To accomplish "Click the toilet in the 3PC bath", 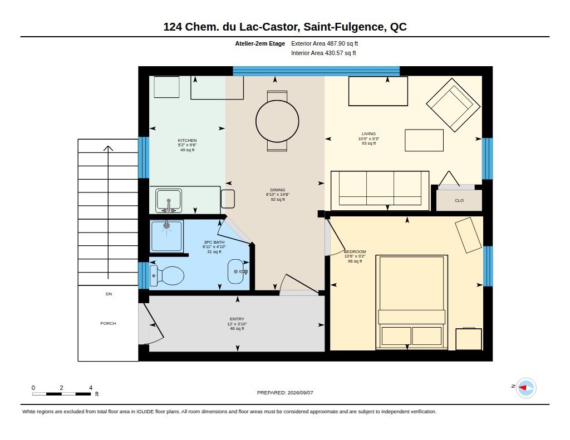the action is pos(168,275).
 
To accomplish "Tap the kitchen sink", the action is pos(169,200).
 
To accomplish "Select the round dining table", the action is pos(277,121).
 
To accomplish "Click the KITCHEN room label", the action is pos(187,140).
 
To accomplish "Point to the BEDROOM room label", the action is pos(355,251).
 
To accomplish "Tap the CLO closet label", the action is pos(459,201).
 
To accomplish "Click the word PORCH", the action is pos(109,323).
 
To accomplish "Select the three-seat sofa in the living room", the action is pos(380,190).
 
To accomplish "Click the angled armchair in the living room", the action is pos(453,105).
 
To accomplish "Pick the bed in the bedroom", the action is pos(411,302).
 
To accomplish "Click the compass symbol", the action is pos(525,388).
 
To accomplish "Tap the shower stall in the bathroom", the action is pos(166,236).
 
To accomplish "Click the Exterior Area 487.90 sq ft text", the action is pos(325,43).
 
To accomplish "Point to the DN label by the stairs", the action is pos(109,294).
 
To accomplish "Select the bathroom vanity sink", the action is pos(236,271).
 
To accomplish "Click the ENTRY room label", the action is pos(237,319).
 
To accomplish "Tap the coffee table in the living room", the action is pos(424,140).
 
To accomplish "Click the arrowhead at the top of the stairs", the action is pos(108,147).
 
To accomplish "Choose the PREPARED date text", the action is pos(285,393).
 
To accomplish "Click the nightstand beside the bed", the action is pos(469,339).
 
